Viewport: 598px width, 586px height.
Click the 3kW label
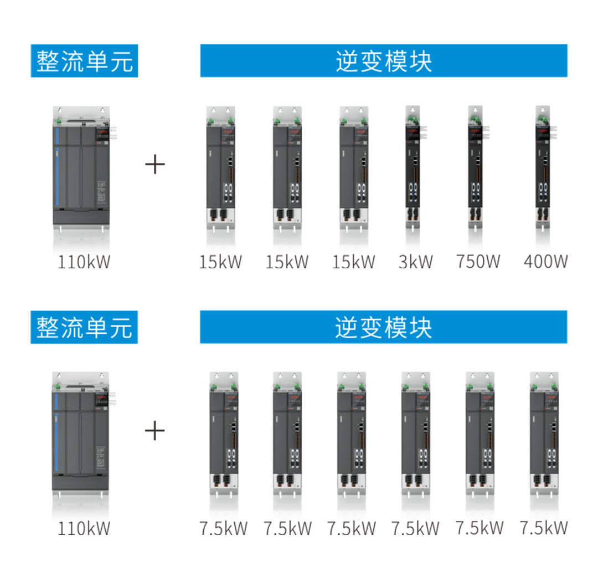point(415,262)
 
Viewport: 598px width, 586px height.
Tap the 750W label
point(478,262)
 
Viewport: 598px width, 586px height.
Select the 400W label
point(545,262)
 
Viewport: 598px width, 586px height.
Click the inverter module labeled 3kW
point(413,166)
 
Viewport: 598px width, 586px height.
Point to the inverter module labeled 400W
point(543,166)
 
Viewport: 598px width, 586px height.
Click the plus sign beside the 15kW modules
point(155,165)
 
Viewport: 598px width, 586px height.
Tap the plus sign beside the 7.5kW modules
point(155,431)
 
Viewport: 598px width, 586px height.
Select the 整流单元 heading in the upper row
point(84,61)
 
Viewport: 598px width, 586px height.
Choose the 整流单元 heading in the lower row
point(84,327)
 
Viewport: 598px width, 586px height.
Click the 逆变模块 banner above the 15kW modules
point(383,61)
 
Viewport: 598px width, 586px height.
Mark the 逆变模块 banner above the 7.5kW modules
point(383,327)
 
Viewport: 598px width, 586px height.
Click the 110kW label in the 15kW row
point(84,262)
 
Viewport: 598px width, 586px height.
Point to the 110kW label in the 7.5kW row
point(84,528)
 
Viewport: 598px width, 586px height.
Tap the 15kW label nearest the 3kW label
point(353,262)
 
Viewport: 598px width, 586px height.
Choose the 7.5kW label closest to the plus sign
point(223,528)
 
